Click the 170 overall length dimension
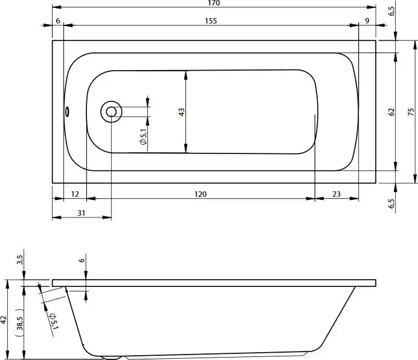tap(214, 4)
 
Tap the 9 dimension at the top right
tap(367, 21)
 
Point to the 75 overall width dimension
tap(411, 111)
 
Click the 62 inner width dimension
tap(391, 111)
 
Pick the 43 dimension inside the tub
tap(181, 111)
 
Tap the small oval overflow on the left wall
tap(68, 111)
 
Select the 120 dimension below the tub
tap(201, 194)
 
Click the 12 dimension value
tap(75, 194)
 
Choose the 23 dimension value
tap(336, 194)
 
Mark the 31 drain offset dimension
tap(82, 213)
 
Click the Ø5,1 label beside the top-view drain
tap(143, 138)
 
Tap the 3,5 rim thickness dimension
tap(20, 260)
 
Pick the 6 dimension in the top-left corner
tap(57, 21)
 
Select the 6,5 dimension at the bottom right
tap(391, 204)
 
